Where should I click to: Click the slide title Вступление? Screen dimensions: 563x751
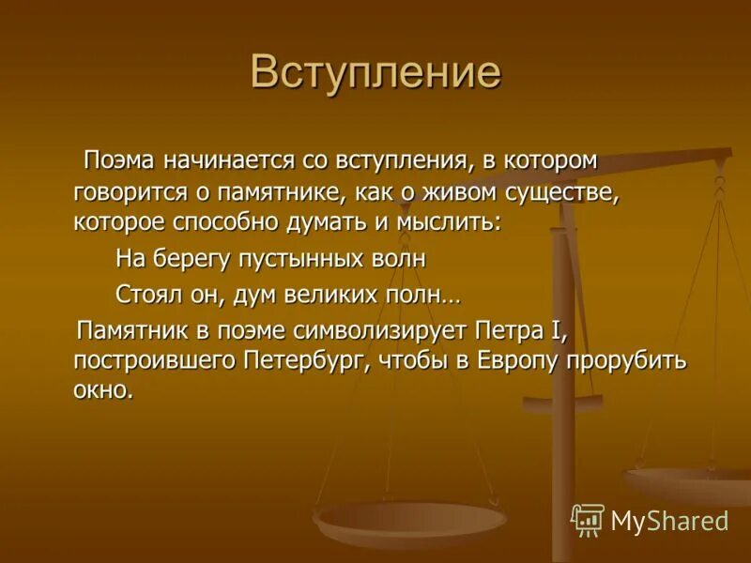tap(375, 73)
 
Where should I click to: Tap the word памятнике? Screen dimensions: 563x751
tap(272, 193)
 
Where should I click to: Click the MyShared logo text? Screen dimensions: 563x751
tap(669, 521)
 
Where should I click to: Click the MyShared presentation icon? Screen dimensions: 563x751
tap(588, 519)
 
